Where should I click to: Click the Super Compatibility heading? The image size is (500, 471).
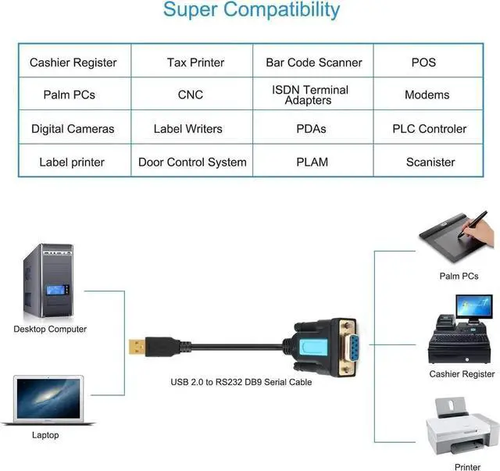pyautogui.click(x=251, y=11)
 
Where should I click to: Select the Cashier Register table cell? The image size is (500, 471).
pyautogui.click(x=73, y=62)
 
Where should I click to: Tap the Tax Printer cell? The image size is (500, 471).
pyautogui.click(x=195, y=62)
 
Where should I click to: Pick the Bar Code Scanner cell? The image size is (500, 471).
pyautogui.click(x=313, y=62)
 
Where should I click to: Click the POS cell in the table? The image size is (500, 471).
pyautogui.click(x=423, y=62)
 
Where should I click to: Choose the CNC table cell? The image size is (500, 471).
pyautogui.click(x=191, y=95)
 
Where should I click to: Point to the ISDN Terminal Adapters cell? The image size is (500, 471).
pyautogui.click(x=310, y=95)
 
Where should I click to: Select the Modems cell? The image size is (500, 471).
pyautogui.click(x=427, y=95)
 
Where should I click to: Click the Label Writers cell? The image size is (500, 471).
pyautogui.click(x=187, y=129)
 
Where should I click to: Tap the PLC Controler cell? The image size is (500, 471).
pyautogui.click(x=429, y=129)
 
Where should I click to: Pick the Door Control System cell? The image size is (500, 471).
pyautogui.click(x=192, y=162)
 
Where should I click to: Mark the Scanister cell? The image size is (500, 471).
pyautogui.click(x=430, y=162)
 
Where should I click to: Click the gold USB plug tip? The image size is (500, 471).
pyautogui.click(x=134, y=344)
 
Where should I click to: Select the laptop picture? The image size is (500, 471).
pyautogui.click(x=47, y=400)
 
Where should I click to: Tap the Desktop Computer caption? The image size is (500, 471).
pyautogui.click(x=50, y=329)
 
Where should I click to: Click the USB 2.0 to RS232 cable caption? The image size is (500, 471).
pyautogui.click(x=241, y=382)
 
